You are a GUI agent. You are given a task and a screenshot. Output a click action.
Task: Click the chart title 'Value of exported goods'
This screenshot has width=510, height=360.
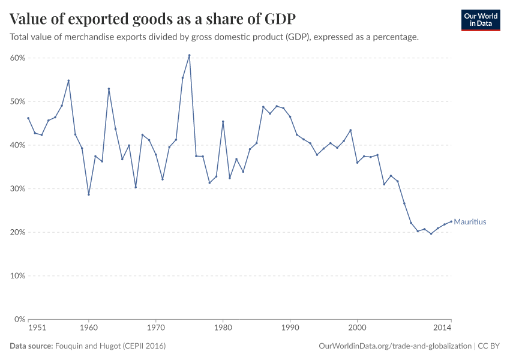(152, 19)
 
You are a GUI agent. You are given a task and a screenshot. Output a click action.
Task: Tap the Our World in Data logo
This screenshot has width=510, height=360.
(480, 20)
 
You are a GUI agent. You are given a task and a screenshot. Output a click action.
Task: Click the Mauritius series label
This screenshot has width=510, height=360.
(470, 222)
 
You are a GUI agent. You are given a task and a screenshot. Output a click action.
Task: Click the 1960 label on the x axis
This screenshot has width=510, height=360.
(88, 328)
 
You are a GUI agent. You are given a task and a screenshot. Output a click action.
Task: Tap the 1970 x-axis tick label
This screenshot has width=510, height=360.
(155, 328)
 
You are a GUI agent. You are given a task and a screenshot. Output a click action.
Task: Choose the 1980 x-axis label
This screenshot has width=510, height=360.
(223, 328)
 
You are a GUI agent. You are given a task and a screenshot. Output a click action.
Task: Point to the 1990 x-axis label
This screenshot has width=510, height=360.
(290, 328)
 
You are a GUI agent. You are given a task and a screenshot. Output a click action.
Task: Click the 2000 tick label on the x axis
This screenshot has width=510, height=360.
(357, 328)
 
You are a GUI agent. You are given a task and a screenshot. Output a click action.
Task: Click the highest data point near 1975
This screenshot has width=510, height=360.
(189, 55)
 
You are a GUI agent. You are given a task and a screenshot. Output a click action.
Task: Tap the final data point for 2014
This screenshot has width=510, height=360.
(451, 221)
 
